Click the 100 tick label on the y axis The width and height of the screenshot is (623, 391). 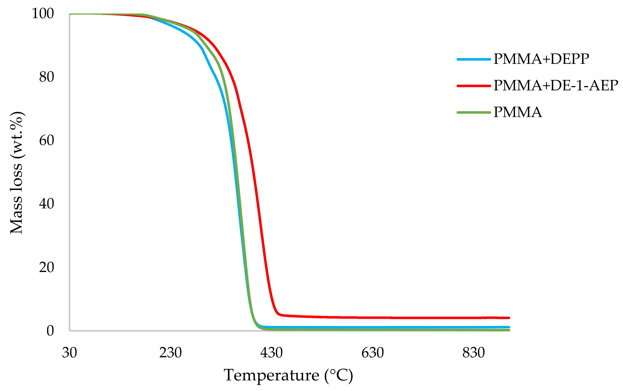click(43, 13)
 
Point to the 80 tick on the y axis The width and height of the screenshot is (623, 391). click(47, 77)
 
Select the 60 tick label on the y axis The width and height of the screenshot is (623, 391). click(47, 141)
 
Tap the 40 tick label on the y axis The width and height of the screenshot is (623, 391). click(47, 204)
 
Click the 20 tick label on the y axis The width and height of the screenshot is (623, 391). click(47, 267)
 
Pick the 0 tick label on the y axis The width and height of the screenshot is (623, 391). click(50, 331)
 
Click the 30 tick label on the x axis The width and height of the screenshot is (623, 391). click(69, 353)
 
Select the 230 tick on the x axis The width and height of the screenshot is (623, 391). click(170, 353)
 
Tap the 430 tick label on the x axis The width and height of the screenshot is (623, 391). click(271, 353)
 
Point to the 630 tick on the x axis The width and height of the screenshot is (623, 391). click(373, 353)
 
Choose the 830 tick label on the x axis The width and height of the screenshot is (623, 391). click(474, 353)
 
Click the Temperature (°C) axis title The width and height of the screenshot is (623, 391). click(288, 376)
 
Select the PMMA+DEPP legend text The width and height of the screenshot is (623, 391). click(541, 59)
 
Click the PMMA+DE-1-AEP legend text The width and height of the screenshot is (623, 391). click(556, 86)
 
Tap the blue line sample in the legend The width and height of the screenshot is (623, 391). click(474, 59)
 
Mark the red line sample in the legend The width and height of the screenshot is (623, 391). click(474, 86)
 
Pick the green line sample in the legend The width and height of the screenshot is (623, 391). click(474, 112)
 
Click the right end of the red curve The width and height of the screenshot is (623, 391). click(509, 318)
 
